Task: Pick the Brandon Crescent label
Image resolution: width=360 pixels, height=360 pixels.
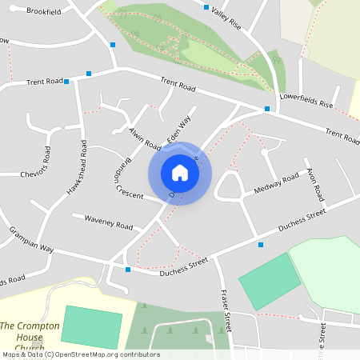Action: coord(122,174)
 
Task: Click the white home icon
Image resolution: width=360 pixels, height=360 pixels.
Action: coord(180,173)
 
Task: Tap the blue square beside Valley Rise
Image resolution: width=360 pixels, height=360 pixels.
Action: coord(206,7)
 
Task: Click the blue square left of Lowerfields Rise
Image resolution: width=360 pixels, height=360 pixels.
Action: coord(267,109)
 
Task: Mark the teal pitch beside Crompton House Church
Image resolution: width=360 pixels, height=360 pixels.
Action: coord(91,326)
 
